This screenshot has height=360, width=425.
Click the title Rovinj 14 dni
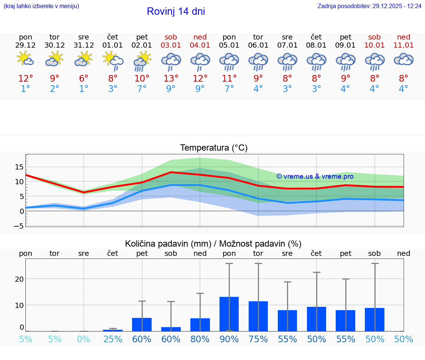tap(176, 11)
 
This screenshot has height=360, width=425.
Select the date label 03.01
tap(171, 45)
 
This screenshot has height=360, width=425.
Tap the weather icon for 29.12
tap(25, 59)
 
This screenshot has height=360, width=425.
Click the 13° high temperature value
tap(171, 79)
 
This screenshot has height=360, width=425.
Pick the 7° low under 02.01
tap(142, 89)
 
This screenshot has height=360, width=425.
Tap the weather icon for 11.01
tap(404, 59)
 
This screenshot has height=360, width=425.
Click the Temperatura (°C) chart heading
tap(214, 148)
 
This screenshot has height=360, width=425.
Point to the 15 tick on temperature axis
tap(19, 167)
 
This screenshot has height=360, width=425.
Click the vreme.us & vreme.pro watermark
tap(315, 176)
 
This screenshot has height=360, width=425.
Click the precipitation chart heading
tap(213, 244)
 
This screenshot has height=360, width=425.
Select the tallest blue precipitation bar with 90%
tap(229, 314)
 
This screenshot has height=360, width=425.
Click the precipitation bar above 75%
tap(258, 316)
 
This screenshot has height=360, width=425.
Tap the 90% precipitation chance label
tap(229, 339)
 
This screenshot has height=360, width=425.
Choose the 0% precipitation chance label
tap(84, 339)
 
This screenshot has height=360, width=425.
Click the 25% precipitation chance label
tap(113, 339)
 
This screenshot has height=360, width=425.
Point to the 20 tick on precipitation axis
tap(19, 279)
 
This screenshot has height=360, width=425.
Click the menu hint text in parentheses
tap(41, 6)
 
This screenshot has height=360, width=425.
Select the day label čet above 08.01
tap(316, 37)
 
